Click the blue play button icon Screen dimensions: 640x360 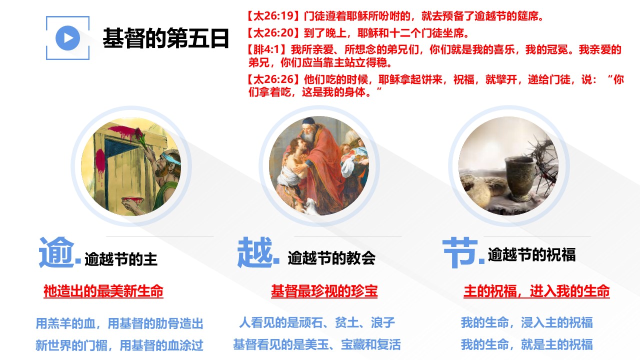(x=67, y=38)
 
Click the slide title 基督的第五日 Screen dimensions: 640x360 (x=166, y=38)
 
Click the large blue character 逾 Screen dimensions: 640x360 (x=56, y=252)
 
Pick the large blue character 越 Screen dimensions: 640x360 (x=255, y=252)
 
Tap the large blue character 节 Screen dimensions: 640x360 (x=460, y=252)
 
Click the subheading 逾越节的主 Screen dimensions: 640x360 (x=121, y=259)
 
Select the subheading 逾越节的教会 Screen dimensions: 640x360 (x=331, y=257)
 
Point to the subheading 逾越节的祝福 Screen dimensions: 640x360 (x=531, y=254)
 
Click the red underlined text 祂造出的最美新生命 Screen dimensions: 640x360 (x=103, y=291)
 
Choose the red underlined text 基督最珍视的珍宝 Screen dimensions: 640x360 (x=324, y=291)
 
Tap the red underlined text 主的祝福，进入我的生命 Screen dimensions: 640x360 (x=536, y=291)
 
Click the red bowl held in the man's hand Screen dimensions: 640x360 (x=132, y=199)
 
